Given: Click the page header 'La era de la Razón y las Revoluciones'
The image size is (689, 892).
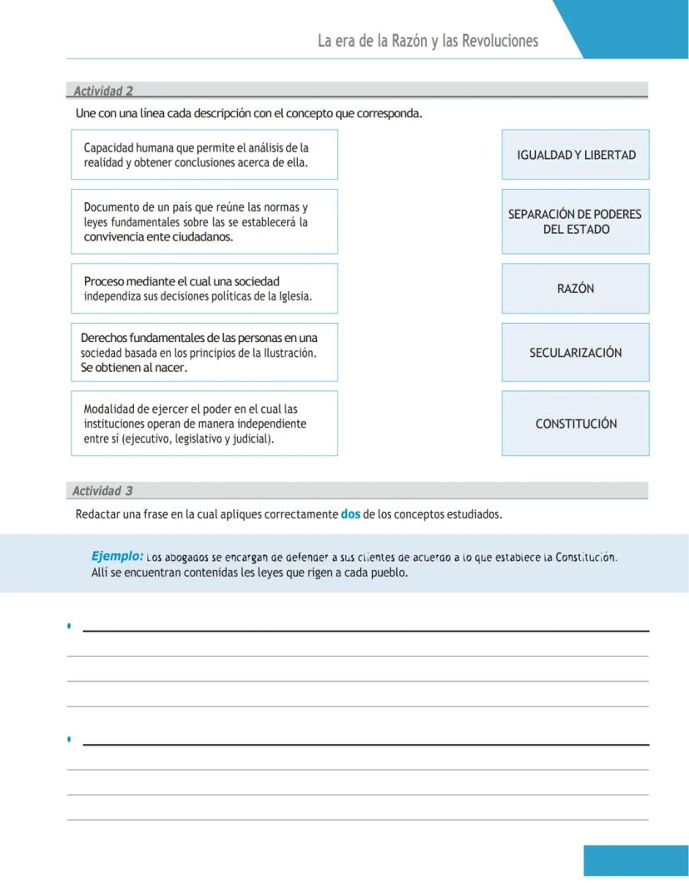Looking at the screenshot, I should [x=428, y=41].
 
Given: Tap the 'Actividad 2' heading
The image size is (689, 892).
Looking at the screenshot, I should [x=103, y=91].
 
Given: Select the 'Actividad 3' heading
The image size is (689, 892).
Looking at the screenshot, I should [x=102, y=491].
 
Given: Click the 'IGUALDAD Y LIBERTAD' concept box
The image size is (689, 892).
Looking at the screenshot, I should [x=576, y=155].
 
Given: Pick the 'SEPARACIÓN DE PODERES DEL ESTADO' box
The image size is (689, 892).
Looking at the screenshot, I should [x=576, y=222].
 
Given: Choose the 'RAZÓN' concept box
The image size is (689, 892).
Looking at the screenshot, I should [x=576, y=289].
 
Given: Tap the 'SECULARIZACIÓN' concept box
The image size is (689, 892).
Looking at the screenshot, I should [x=576, y=353].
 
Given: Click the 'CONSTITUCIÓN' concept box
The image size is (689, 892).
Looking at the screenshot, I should [x=576, y=424].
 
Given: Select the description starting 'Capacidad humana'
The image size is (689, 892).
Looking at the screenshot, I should [x=205, y=155].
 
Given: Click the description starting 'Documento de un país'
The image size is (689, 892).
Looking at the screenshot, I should [x=205, y=221].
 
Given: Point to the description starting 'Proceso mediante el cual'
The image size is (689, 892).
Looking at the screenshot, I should [x=205, y=289].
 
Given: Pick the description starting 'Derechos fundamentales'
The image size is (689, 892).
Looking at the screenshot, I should [x=205, y=353].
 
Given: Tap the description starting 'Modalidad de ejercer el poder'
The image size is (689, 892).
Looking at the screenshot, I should [x=205, y=423].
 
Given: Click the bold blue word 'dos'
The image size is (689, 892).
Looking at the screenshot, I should [x=350, y=514].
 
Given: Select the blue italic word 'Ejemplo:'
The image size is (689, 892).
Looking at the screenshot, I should [x=117, y=556].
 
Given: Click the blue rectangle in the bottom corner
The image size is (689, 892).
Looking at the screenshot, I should [x=636, y=860].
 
